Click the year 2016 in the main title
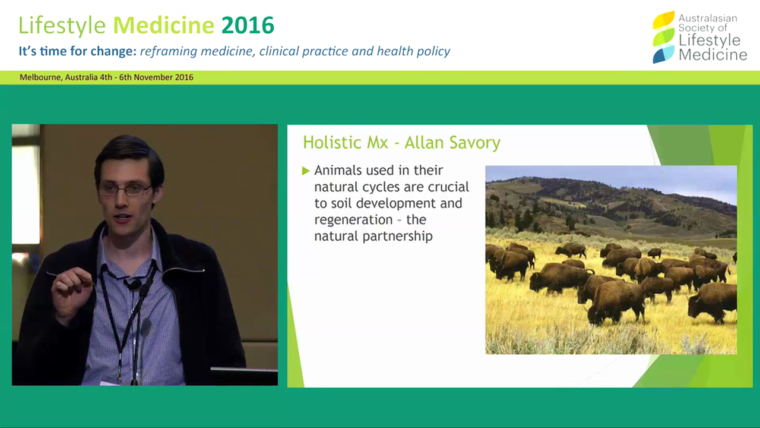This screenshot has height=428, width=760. [x=248, y=26]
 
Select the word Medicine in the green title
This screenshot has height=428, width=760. [x=163, y=26]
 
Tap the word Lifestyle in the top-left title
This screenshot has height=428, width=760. [x=62, y=26]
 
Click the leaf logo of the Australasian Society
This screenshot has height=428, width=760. [x=663, y=37]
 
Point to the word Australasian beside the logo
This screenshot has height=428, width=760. [x=708, y=18]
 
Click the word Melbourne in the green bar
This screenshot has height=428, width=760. [x=40, y=77]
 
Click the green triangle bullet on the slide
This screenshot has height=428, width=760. [x=306, y=171]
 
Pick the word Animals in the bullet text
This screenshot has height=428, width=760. [x=337, y=171]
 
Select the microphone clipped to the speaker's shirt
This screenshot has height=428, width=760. [x=134, y=285]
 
